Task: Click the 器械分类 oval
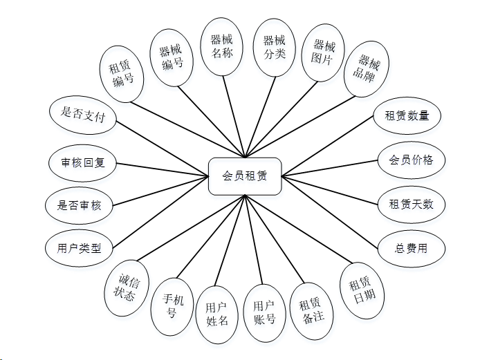pyautogui.click(x=275, y=46)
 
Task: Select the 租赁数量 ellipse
pyautogui.click(x=407, y=115)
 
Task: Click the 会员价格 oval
pyautogui.click(x=411, y=160)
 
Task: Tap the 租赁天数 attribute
pyautogui.click(x=411, y=205)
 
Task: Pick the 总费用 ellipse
pyautogui.click(x=411, y=248)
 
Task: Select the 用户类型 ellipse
pyautogui.click(x=79, y=248)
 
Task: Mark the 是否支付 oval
pyautogui.click(x=83, y=113)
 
